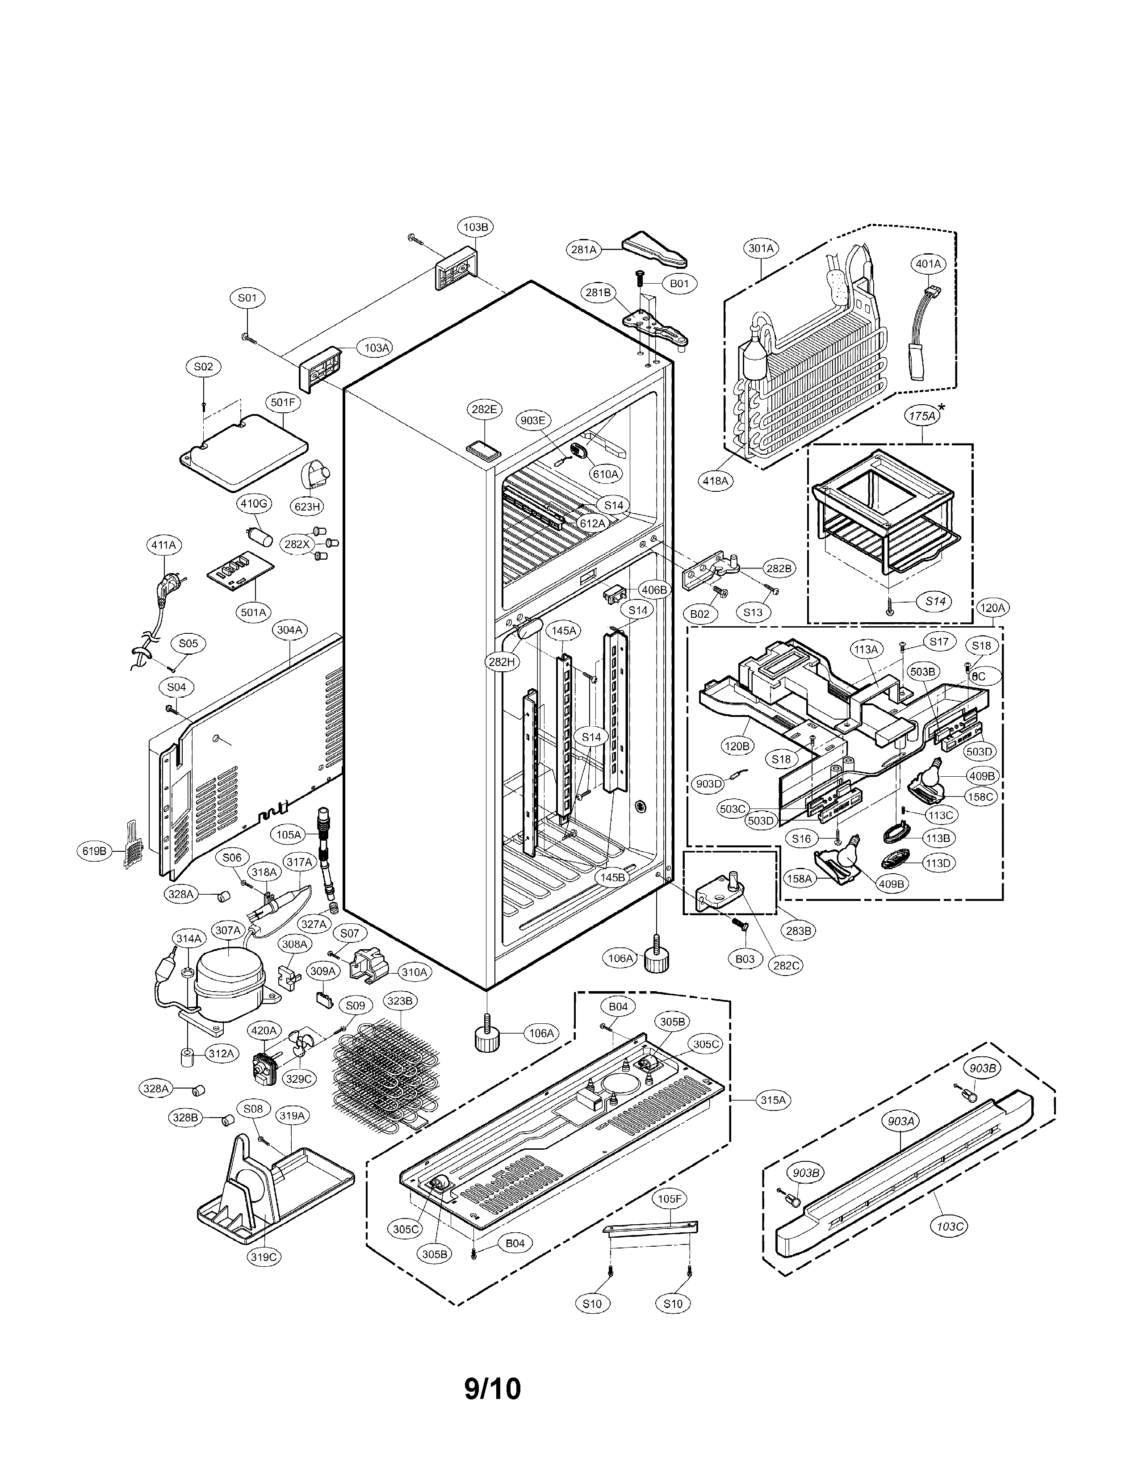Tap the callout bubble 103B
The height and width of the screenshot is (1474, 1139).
[476, 227]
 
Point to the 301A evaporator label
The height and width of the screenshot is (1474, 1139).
[761, 248]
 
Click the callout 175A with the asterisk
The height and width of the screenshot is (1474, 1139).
[922, 416]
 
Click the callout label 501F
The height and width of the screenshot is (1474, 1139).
[283, 403]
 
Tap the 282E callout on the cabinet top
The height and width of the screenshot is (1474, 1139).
[484, 409]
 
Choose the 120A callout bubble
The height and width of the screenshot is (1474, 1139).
[992, 608]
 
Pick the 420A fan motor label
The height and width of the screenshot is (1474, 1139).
[264, 1030]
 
